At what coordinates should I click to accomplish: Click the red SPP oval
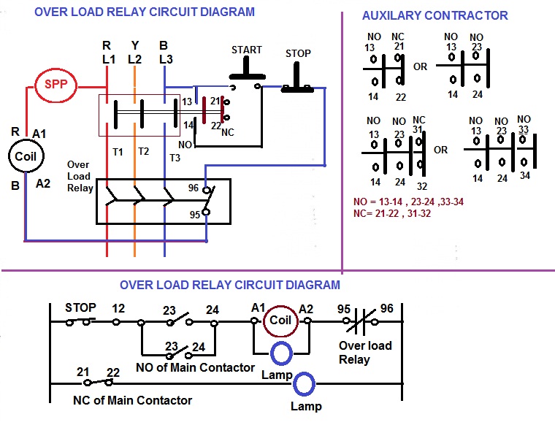(55, 85)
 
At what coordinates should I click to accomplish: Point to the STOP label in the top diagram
(297, 53)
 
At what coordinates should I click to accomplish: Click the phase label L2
(134, 58)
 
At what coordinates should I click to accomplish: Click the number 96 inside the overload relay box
(193, 188)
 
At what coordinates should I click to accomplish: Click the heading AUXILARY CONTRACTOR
(435, 15)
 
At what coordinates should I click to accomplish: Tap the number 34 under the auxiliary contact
(524, 175)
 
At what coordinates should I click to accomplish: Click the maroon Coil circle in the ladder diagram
(280, 320)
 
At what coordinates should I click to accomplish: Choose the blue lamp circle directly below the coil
(281, 353)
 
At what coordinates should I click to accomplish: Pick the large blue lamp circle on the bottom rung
(303, 383)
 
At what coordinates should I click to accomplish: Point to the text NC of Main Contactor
(132, 400)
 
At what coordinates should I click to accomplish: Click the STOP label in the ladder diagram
(80, 307)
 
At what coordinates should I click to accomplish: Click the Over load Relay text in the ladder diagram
(365, 352)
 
